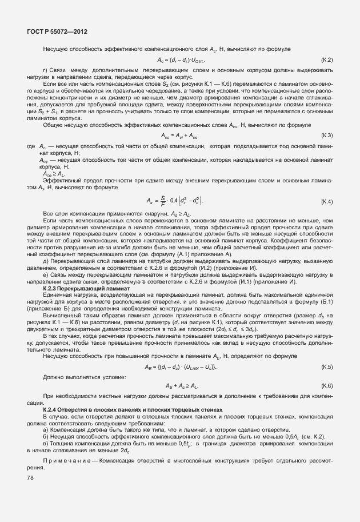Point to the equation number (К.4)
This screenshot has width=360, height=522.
327,202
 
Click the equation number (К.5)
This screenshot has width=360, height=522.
327,366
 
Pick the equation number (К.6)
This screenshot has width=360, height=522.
327,386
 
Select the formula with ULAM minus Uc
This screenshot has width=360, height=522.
181,366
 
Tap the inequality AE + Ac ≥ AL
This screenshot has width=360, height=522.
181,386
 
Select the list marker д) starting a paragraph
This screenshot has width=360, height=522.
46,260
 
